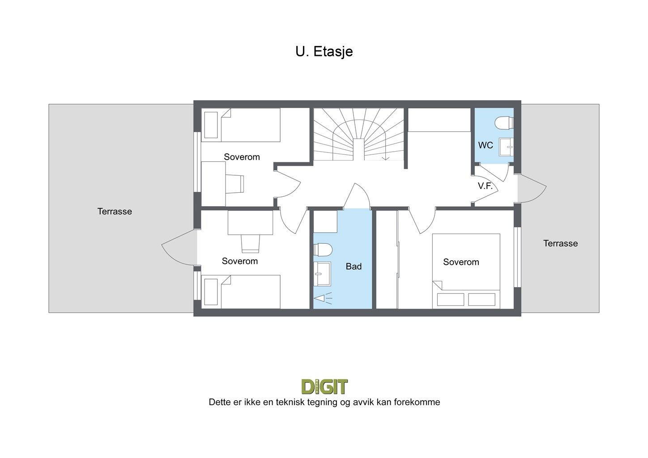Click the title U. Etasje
324,51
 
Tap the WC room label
486,145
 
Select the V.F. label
485,186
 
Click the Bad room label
354,267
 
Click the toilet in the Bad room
322,250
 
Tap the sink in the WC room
506,146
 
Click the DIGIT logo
324,386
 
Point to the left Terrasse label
115,212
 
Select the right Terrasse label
560,244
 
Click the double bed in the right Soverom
466,271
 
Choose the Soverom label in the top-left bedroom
242,157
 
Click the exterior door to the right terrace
532,188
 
